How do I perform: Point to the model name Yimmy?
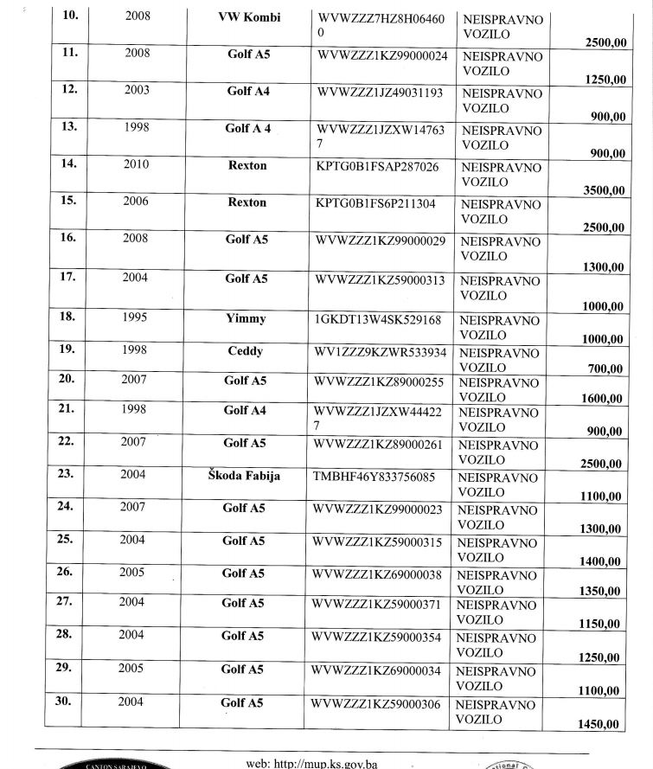pos(246,318)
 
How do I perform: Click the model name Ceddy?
pos(246,351)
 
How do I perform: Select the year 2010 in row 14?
pos(138,164)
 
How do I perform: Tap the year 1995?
pos(138,318)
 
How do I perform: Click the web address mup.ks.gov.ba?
pos(325,763)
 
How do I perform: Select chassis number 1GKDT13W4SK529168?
pos(379,320)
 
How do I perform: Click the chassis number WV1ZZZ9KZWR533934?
pos(381,352)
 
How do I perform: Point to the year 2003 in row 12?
pos(138,90)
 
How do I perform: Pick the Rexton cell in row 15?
pos(246,202)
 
